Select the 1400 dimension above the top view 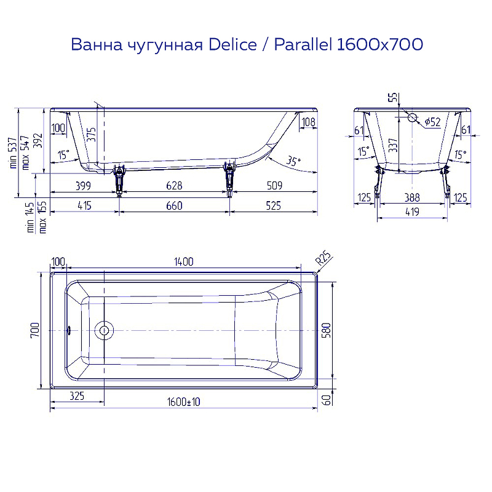coord(183,261)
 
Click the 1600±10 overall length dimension coord(184,402)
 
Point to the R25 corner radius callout coord(323,258)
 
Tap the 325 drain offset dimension coord(77,396)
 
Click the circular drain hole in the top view coord(104,330)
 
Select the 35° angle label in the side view coord(293,162)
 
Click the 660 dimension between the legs coord(174,206)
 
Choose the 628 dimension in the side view coord(174,186)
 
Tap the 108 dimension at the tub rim coord(308,122)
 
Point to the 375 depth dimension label coord(91,135)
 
